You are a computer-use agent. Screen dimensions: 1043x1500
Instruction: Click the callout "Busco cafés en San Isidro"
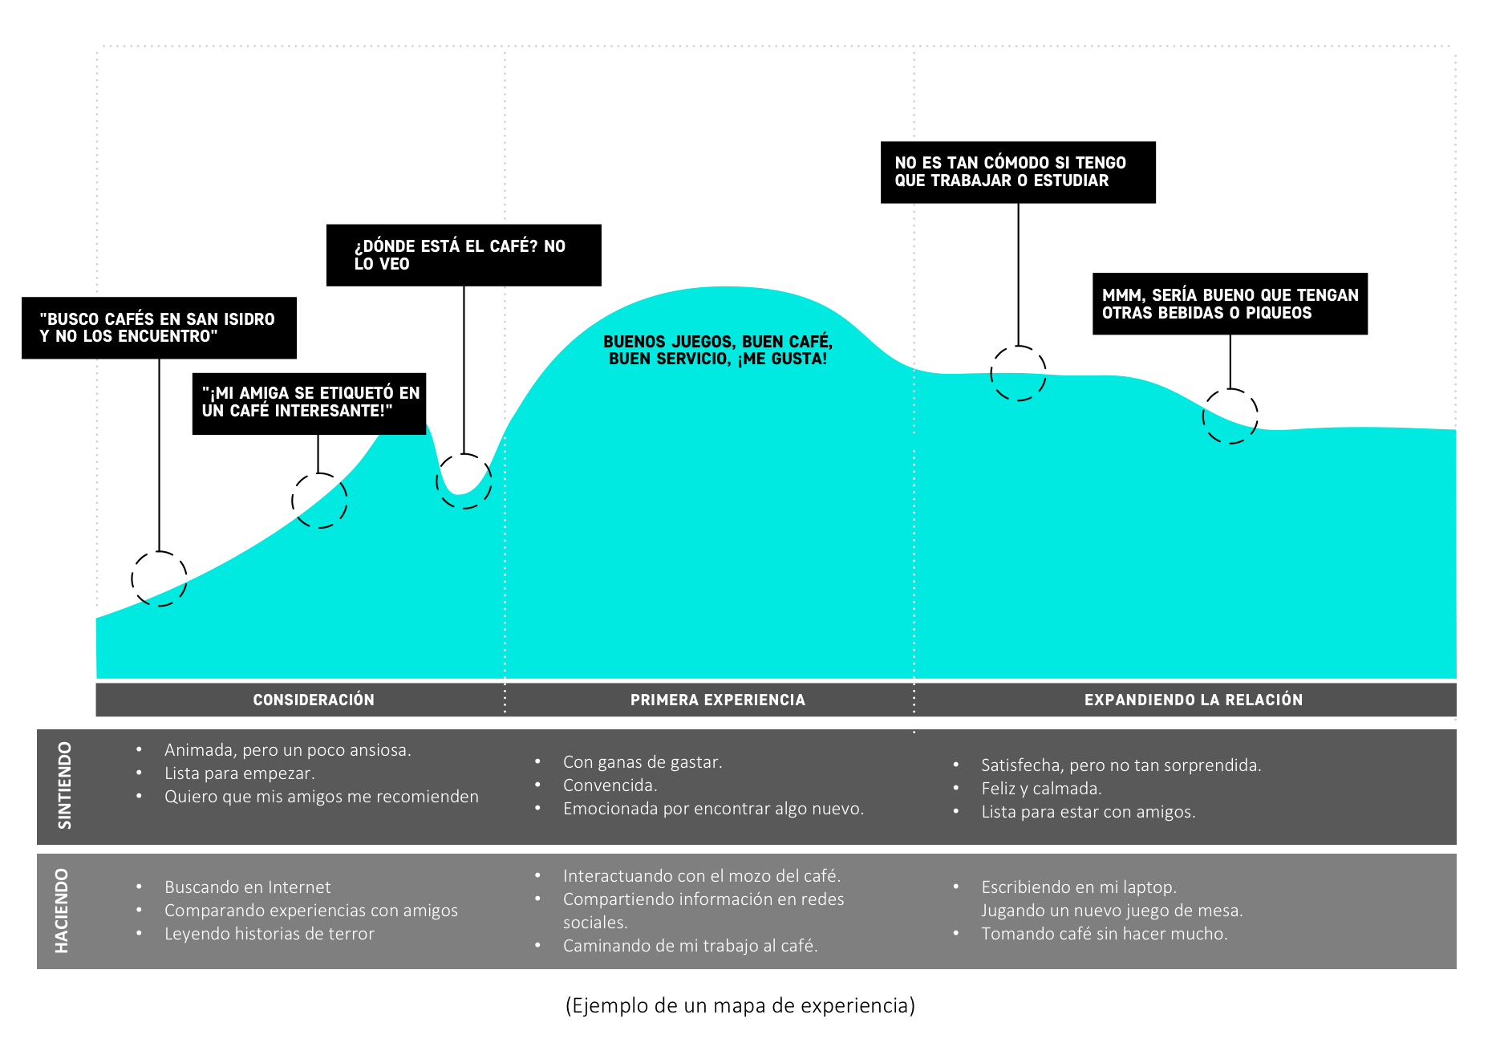tap(159, 327)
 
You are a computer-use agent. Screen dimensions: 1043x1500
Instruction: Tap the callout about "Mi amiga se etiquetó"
tap(309, 403)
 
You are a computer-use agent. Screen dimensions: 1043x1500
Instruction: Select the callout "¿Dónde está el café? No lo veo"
tap(464, 255)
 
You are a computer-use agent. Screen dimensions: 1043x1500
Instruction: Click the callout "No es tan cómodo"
tap(1018, 172)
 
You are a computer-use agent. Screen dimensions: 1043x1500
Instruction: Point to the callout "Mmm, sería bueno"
tap(1230, 304)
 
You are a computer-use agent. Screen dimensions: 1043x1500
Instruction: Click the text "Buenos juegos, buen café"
tap(717, 350)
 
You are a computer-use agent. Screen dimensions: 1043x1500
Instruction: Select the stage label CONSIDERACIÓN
tap(314, 700)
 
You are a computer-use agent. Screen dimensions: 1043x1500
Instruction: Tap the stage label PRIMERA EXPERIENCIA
tap(717, 700)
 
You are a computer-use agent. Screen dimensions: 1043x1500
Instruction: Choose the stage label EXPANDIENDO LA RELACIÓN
tap(1193, 700)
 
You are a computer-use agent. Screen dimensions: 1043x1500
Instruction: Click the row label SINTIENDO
tap(65, 785)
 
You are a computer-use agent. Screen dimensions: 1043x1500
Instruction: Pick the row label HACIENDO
tap(63, 911)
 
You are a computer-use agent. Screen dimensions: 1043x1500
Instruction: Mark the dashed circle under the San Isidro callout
tap(159, 578)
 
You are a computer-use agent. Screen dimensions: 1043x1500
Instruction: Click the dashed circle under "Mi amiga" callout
tap(319, 501)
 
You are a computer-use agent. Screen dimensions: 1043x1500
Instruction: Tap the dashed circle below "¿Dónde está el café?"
tap(464, 481)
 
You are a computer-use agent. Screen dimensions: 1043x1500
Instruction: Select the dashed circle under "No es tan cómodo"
tap(1018, 373)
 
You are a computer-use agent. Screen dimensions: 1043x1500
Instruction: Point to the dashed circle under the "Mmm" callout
tap(1230, 416)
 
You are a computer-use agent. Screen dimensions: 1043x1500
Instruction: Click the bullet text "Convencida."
tap(610, 785)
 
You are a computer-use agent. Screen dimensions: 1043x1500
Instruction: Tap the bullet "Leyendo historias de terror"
tap(269, 934)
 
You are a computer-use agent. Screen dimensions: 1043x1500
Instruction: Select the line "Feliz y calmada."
tap(1041, 789)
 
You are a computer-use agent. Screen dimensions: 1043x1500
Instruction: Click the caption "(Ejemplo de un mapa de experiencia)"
tap(740, 1005)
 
